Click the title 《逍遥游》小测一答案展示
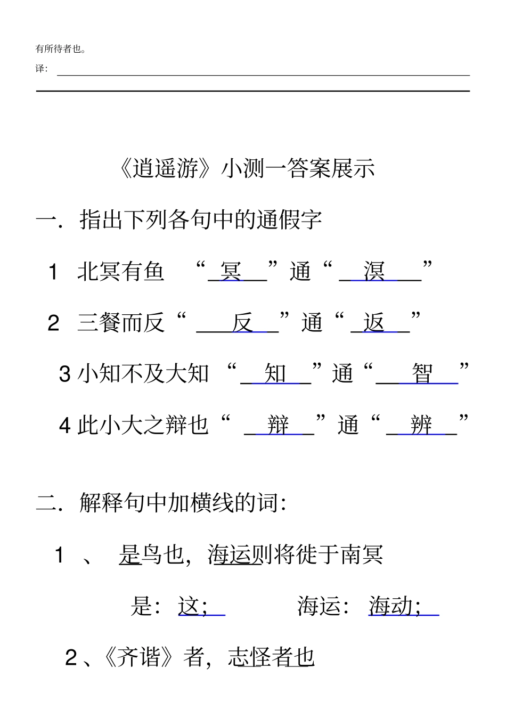click(248, 168)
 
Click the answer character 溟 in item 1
click(374, 271)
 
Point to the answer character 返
click(374, 322)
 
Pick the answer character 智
click(422, 373)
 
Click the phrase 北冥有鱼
click(121, 271)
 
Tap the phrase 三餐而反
click(121, 322)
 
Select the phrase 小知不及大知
click(143, 373)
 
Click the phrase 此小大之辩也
click(143, 425)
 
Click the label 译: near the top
click(41, 68)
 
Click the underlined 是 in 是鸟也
click(129, 555)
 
